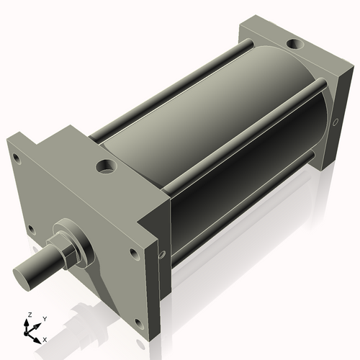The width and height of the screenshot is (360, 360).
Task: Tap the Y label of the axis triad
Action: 44,318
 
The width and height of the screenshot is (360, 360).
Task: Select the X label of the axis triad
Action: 45,338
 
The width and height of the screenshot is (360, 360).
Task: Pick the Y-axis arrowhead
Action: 37,324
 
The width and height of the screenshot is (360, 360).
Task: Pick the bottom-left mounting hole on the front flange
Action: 31,230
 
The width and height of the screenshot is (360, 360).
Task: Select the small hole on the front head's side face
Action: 161,254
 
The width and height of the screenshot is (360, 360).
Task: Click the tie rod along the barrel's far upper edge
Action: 173,86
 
